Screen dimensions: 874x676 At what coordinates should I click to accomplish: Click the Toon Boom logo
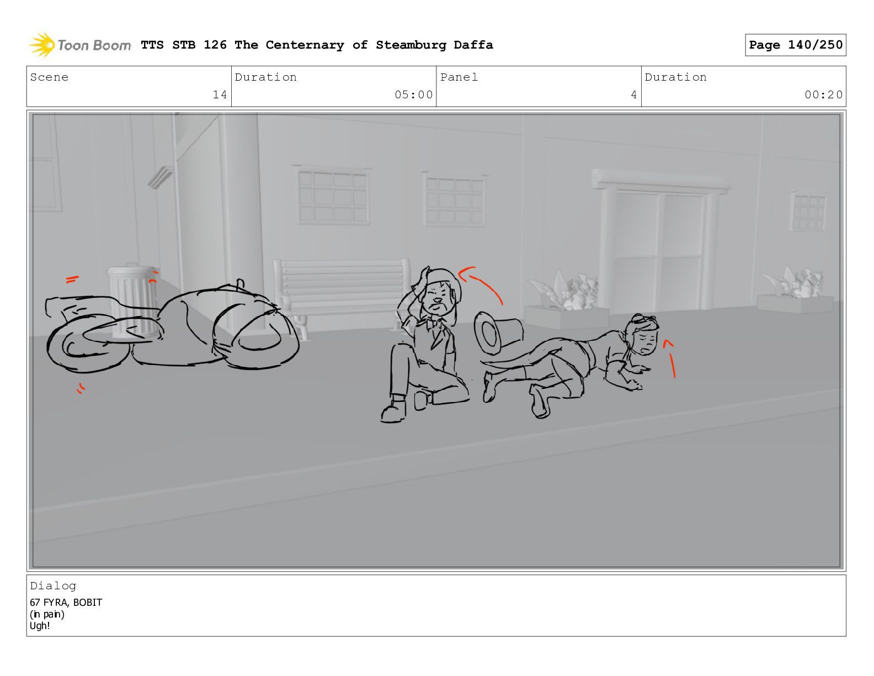[79, 45]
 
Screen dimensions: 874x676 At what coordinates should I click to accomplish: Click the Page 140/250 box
[795, 45]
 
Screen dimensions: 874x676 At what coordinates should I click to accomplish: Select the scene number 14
[220, 94]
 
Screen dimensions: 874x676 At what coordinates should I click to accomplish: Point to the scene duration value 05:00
[413, 94]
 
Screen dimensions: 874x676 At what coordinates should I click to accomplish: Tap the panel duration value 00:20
[823, 94]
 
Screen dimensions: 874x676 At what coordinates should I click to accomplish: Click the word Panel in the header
[459, 77]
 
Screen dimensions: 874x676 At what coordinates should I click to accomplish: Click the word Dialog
[53, 586]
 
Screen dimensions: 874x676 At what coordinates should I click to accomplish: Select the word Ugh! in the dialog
[40, 626]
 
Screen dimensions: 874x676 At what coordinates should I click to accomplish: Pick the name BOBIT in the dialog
[88, 603]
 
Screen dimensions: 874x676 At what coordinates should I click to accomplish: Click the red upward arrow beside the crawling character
[672, 358]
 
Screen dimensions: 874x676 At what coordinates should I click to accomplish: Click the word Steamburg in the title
[411, 45]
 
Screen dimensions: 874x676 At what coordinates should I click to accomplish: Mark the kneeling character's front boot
[393, 411]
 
